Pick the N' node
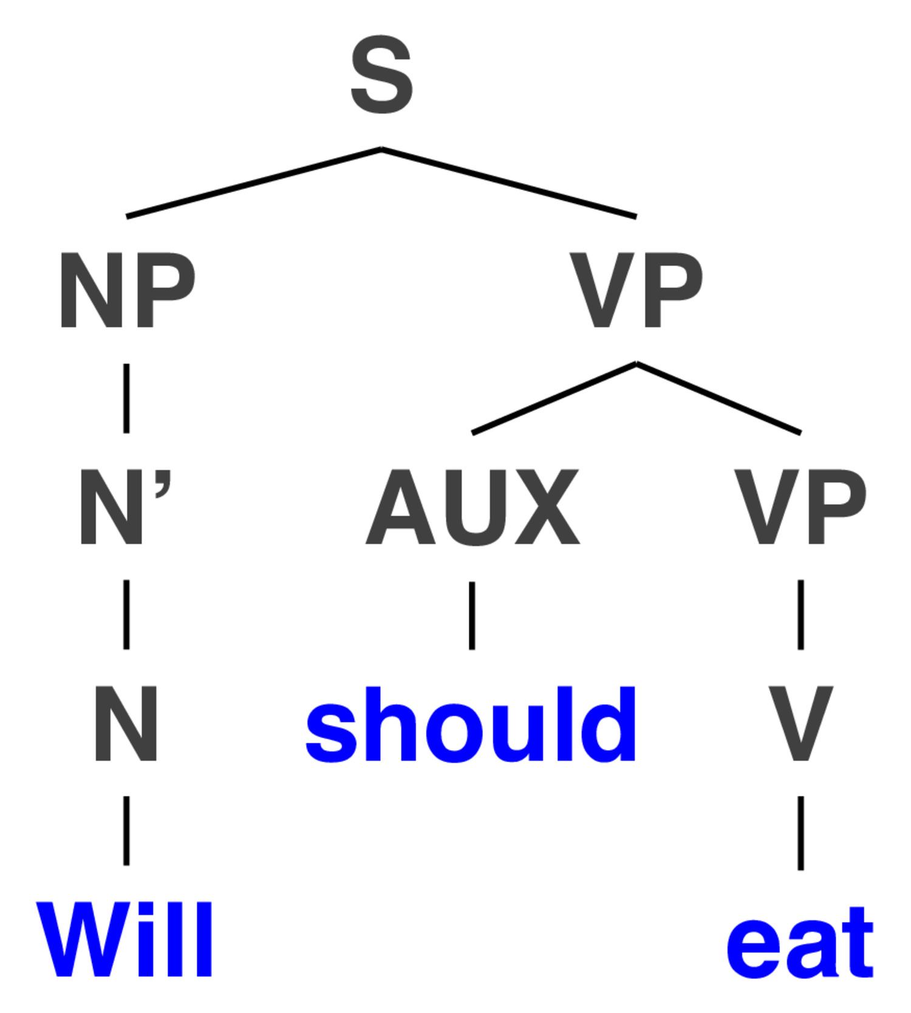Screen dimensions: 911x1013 (x=126, y=507)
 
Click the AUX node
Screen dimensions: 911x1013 (x=473, y=507)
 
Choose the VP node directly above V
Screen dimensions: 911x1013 (x=800, y=507)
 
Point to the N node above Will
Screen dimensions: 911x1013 (x=126, y=723)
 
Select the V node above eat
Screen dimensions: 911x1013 (x=800, y=723)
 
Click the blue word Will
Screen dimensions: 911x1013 (x=125, y=939)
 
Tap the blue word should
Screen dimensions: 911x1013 (x=471, y=724)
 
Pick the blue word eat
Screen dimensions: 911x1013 (x=800, y=943)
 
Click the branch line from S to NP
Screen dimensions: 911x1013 (x=254, y=182)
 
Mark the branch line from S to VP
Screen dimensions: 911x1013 (x=509, y=182)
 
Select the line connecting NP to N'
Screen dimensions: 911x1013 (x=126, y=398)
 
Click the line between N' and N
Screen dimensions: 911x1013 (x=126, y=615)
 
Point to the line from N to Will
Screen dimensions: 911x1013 (x=126, y=831)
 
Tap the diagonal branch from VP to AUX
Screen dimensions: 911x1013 (x=554, y=398)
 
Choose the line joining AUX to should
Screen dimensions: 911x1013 (x=472, y=615)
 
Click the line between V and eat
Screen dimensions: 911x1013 (x=800, y=833)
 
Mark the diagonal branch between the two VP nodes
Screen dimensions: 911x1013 (x=718, y=398)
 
